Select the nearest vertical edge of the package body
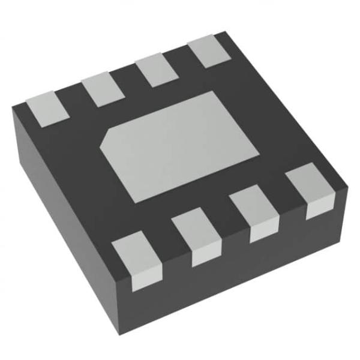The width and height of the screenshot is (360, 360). tap(131, 300)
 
